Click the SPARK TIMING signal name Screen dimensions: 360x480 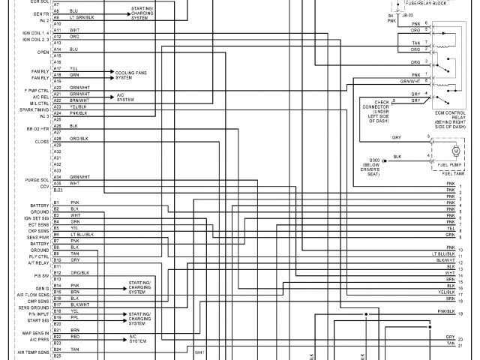point(34,110)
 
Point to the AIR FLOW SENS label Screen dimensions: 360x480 point(34,295)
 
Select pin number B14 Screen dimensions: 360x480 point(57,286)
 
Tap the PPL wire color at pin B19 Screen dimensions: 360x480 point(74,317)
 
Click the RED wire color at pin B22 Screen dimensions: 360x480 point(75,337)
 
